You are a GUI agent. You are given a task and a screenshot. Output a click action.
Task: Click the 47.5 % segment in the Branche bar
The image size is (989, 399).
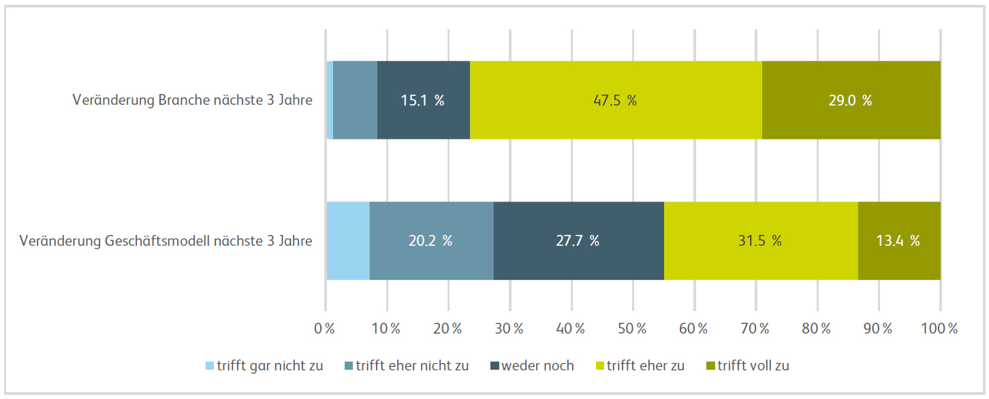[x=616, y=100]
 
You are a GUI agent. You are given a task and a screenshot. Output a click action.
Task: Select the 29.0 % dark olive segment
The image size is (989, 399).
[x=851, y=100]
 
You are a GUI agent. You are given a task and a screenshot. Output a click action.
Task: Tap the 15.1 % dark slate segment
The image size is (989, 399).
[x=423, y=100]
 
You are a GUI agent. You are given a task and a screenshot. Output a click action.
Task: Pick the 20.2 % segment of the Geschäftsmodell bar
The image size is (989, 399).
[x=431, y=240]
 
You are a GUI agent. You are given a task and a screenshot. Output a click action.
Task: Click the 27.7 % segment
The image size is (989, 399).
[x=578, y=240]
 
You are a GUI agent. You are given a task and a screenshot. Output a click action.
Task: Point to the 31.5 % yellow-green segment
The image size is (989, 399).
[x=760, y=240]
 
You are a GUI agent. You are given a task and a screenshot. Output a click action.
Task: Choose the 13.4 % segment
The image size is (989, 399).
[x=898, y=240]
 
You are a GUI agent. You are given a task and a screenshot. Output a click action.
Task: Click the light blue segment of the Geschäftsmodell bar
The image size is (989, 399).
[x=348, y=240]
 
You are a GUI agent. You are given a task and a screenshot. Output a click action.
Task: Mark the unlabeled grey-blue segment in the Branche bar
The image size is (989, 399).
[x=355, y=100]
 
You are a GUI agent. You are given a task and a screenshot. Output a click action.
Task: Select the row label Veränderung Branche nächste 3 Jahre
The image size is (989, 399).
[x=192, y=100]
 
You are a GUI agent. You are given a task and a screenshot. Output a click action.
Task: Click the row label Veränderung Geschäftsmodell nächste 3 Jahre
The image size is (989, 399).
[x=166, y=241]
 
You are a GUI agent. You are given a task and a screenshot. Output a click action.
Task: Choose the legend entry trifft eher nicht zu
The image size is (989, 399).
[x=407, y=366]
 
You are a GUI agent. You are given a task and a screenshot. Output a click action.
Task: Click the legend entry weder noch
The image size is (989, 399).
[x=532, y=366]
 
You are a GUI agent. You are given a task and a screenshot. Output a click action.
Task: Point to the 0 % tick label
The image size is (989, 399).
[x=324, y=329]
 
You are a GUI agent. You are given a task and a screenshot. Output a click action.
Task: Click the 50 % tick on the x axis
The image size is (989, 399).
[x=633, y=329]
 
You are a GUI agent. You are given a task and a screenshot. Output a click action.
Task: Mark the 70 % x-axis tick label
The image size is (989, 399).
[x=755, y=329]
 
